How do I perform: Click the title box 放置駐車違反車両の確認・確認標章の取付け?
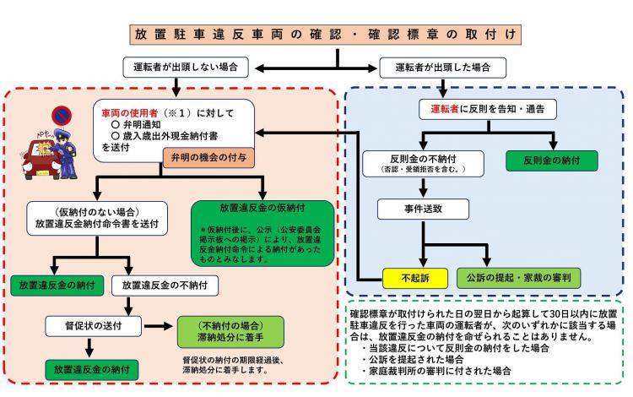(x=326, y=35)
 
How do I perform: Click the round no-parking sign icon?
(x=62, y=114)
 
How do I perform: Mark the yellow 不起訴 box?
(x=414, y=277)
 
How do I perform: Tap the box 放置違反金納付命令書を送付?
(x=100, y=220)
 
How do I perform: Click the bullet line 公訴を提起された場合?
(x=408, y=358)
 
